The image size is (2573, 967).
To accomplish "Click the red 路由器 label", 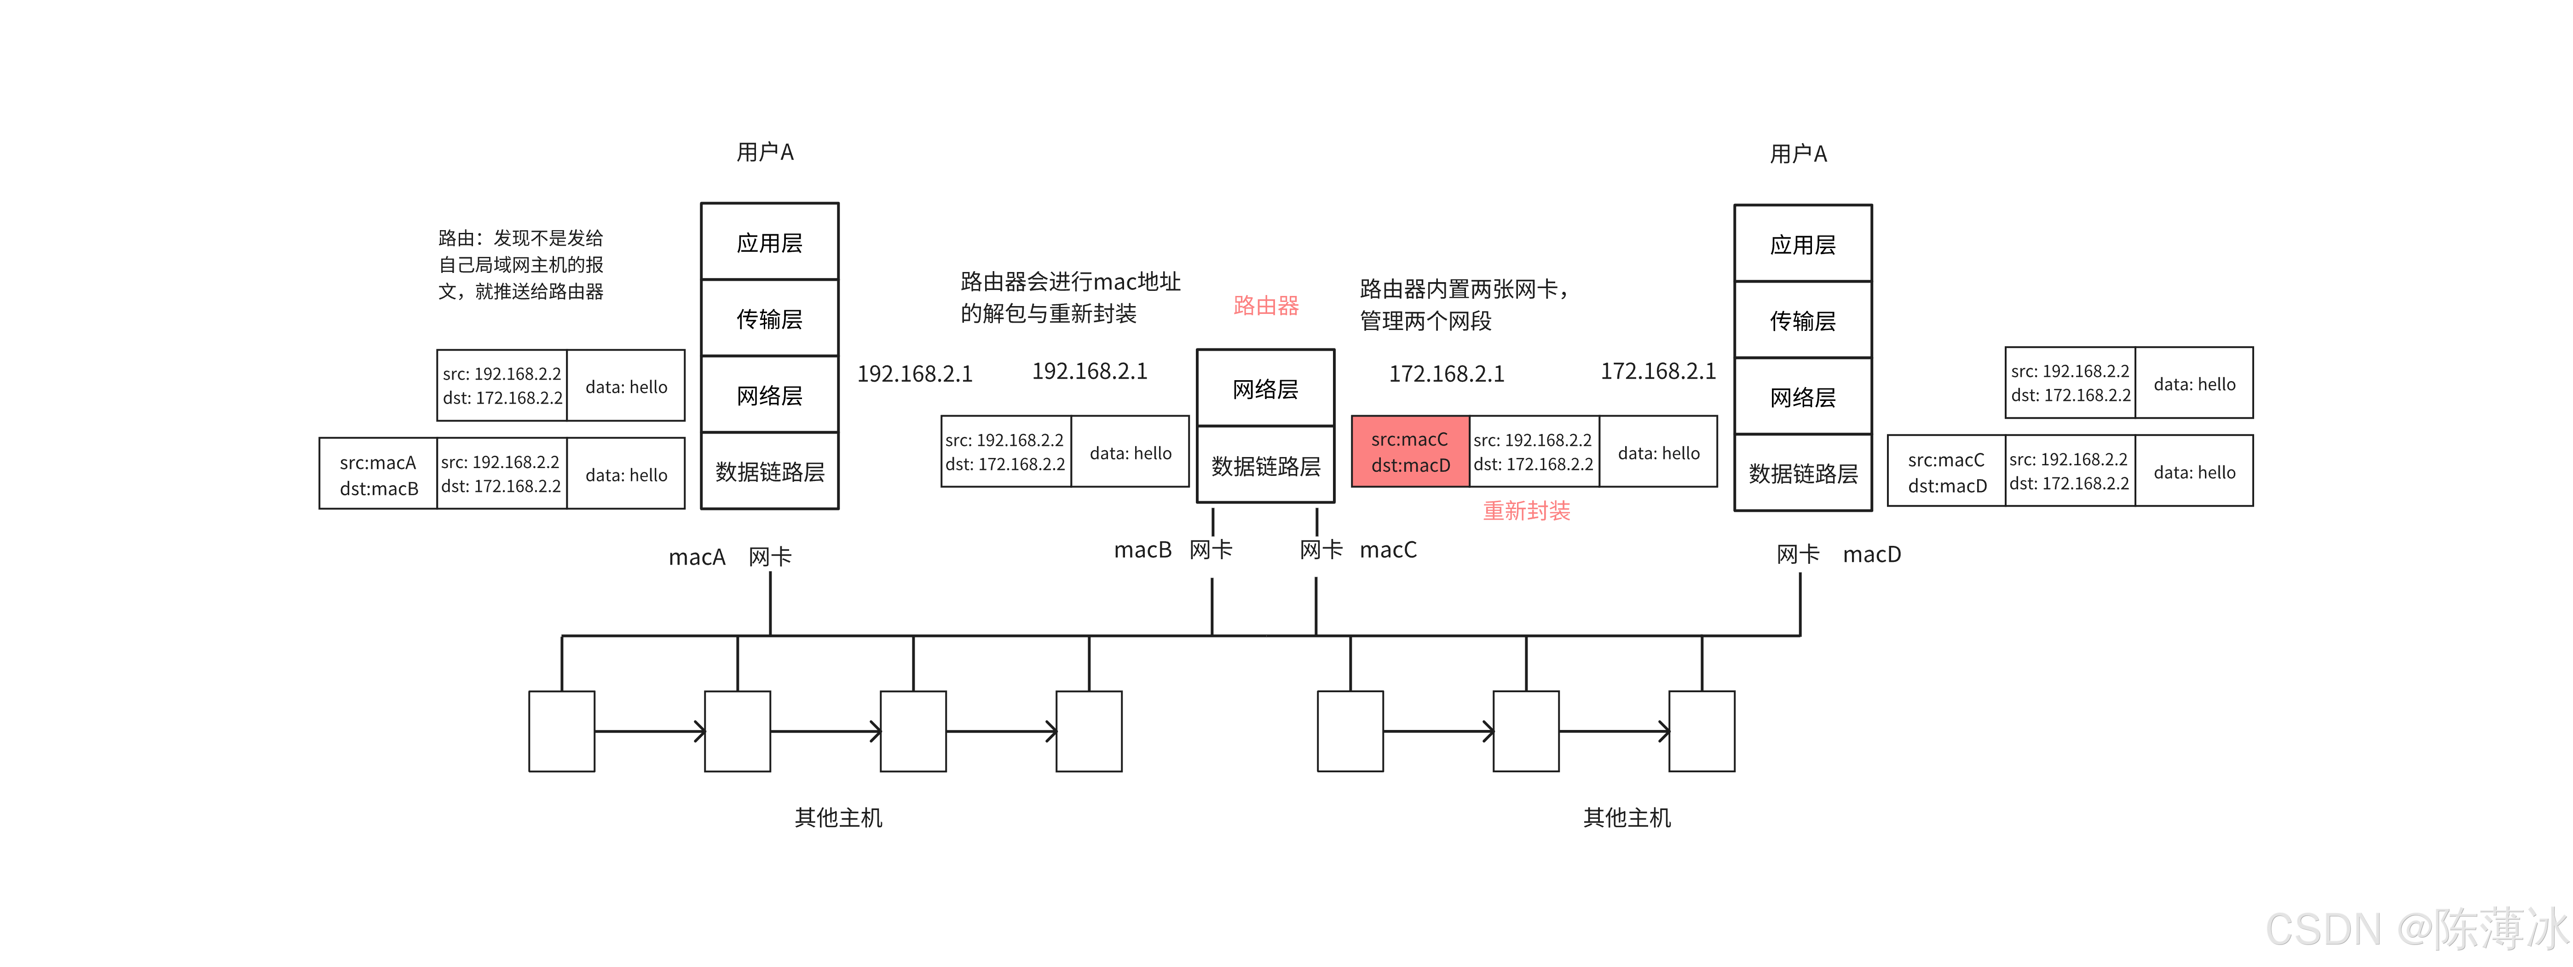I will point(1265,306).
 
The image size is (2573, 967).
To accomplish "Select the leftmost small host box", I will point(561,731).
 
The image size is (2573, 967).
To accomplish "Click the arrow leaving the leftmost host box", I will point(649,731).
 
